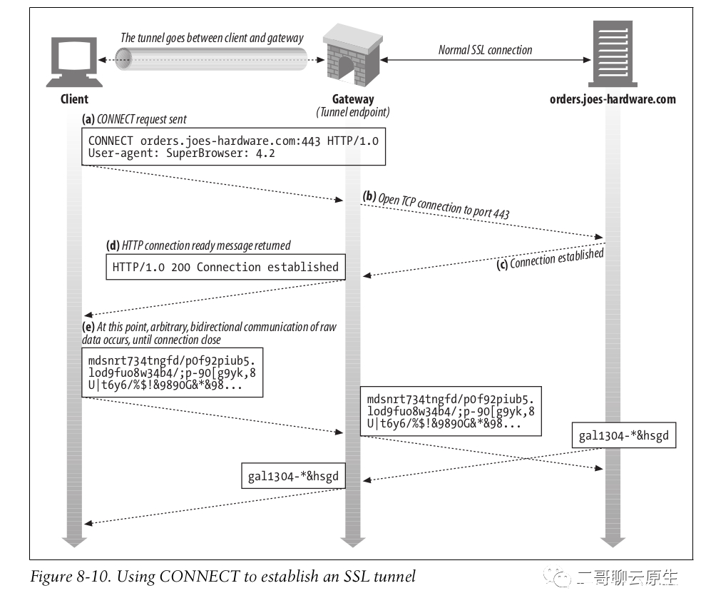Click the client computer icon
[x=74, y=61]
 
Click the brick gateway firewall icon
[x=352, y=56]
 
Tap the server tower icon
[x=613, y=54]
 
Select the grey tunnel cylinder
[x=211, y=59]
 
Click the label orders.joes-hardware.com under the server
[x=613, y=99]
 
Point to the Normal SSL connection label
[x=485, y=50]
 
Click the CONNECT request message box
[x=233, y=147]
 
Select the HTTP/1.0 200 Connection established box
[x=226, y=267]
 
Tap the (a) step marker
[x=88, y=119]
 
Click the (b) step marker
[x=369, y=196]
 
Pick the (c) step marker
[x=502, y=265]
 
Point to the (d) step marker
[x=113, y=245]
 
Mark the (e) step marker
[x=88, y=327]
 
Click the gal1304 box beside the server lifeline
[x=624, y=435]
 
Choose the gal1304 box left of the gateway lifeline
[x=293, y=475]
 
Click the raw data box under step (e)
[x=172, y=373]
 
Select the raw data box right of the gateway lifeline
[x=451, y=411]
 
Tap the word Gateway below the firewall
[x=353, y=99]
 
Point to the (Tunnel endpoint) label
[x=353, y=112]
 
